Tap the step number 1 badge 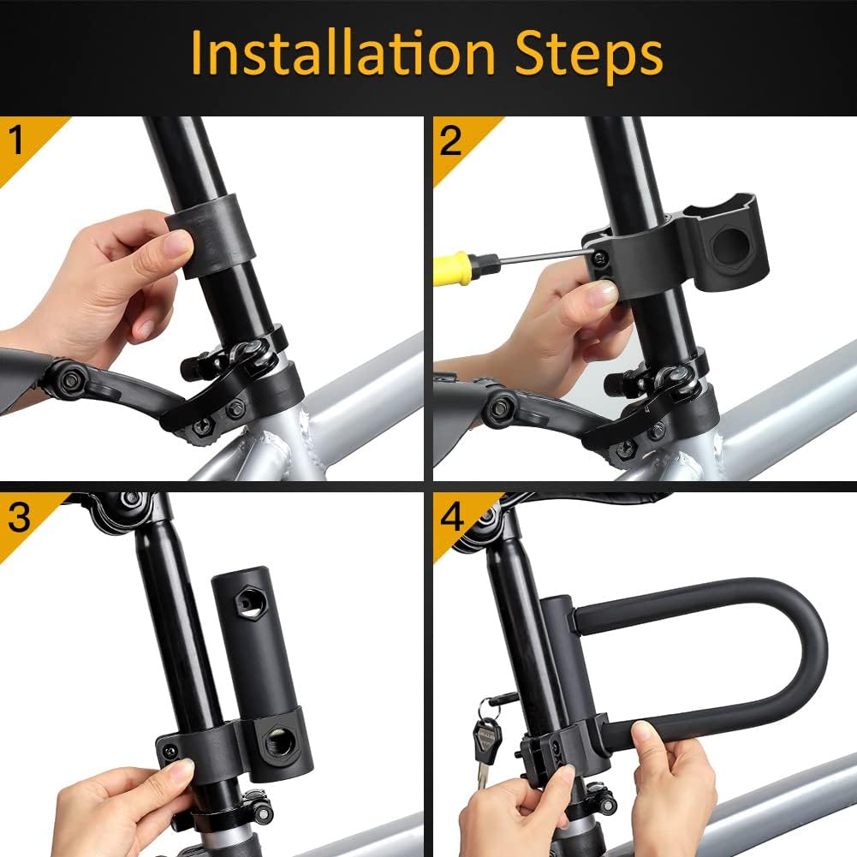click(17, 140)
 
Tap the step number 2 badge click(451, 140)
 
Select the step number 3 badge click(19, 517)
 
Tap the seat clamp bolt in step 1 click(197, 368)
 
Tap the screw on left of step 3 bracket click(170, 751)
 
